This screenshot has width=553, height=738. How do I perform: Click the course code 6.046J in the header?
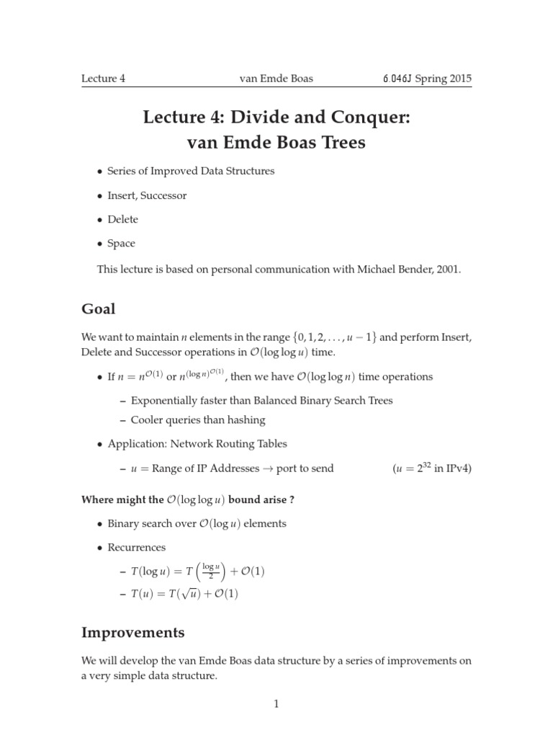pos(402,79)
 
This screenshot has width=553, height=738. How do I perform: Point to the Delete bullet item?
pos(122,219)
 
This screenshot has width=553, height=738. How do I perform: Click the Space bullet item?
pos(121,244)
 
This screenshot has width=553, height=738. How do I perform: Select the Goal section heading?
pos(98,308)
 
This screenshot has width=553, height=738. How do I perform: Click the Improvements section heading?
pos(132,633)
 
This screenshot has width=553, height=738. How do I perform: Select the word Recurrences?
pos(136,547)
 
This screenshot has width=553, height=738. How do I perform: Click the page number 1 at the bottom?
pos(276,704)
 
